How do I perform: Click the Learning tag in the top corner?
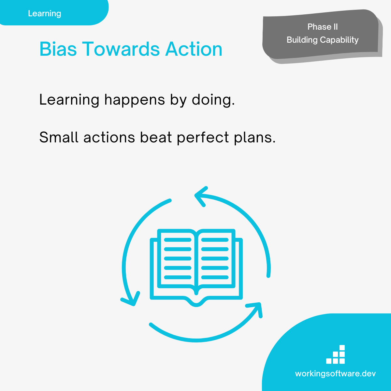tap(44, 14)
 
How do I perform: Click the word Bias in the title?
tap(58, 49)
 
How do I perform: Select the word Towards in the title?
tap(121, 49)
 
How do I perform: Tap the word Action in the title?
tap(194, 49)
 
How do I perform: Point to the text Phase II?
tap(323, 27)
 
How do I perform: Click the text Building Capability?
tap(323, 40)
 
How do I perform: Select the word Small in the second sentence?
tap(59, 138)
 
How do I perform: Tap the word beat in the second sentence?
tap(156, 138)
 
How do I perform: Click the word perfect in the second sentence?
tap(203, 138)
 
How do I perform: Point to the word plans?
tap(255, 138)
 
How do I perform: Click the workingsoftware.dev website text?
tap(335, 373)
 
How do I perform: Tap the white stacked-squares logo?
tap(335, 354)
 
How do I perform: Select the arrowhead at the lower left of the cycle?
tap(130, 299)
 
